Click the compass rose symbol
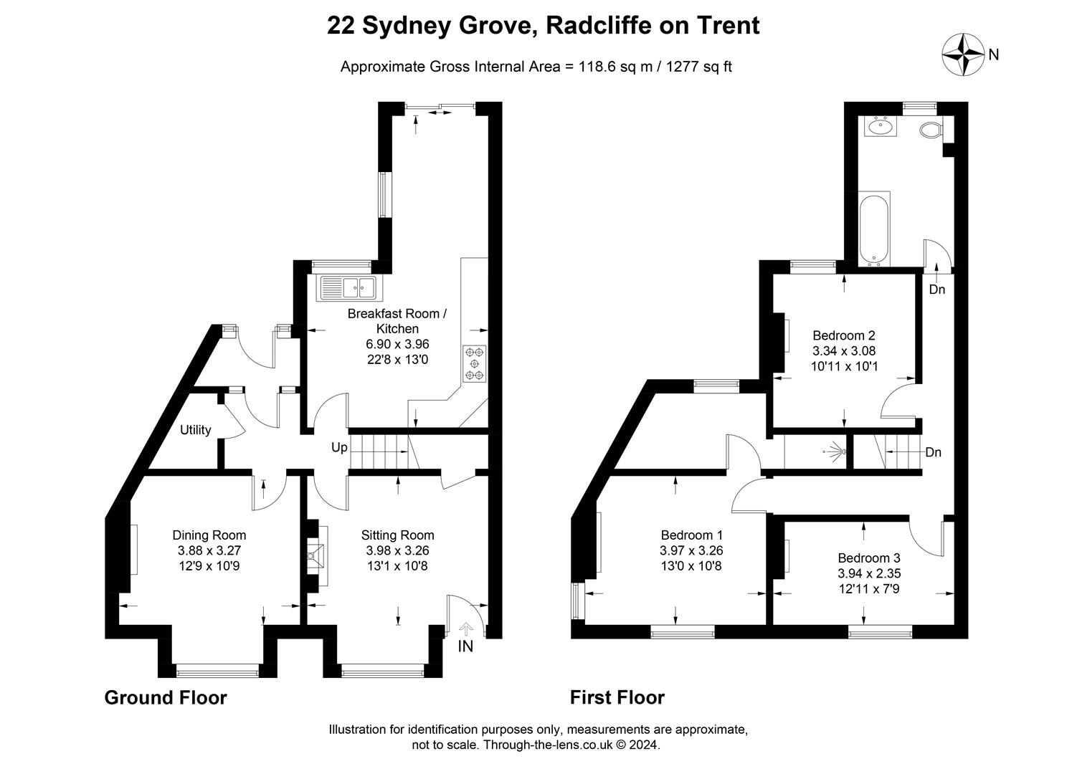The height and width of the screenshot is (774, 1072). (x=963, y=54)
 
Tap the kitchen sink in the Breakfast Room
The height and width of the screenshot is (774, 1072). (x=348, y=288)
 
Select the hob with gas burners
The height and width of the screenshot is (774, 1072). (x=474, y=363)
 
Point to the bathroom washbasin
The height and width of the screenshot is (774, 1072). (x=880, y=127)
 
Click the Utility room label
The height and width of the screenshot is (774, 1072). (x=195, y=430)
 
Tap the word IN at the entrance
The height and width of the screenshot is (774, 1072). (x=465, y=646)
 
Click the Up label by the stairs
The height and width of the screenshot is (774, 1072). (x=339, y=448)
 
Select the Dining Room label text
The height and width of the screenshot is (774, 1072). (x=209, y=535)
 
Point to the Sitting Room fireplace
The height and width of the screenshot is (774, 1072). (x=318, y=556)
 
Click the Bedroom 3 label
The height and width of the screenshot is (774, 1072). (x=869, y=558)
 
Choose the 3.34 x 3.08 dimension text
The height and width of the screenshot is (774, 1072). (x=844, y=350)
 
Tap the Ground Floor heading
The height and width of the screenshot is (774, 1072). (x=166, y=698)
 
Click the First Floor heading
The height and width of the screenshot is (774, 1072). (x=617, y=698)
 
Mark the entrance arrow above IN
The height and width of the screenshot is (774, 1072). (x=465, y=629)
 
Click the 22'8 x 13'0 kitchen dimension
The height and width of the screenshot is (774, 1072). (x=398, y=359)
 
